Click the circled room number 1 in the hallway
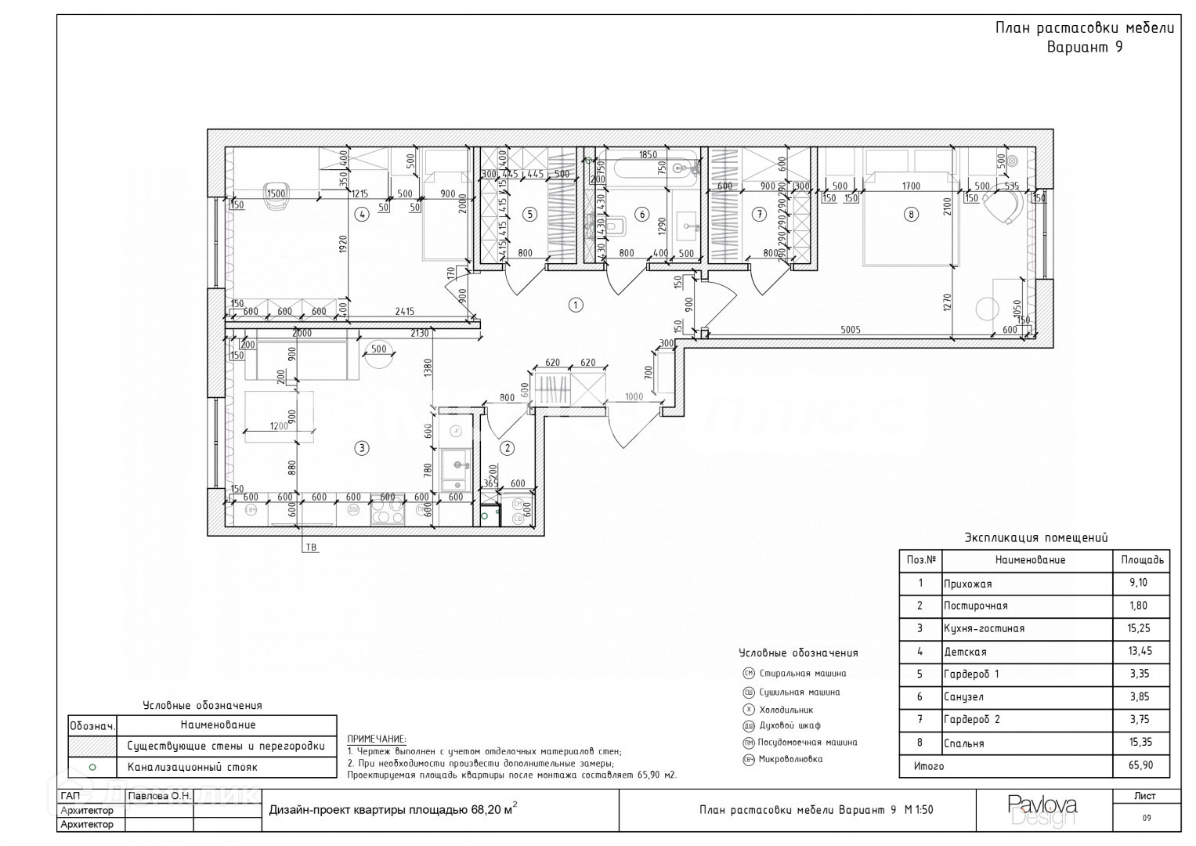coord(576,305)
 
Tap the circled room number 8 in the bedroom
coord(910,214)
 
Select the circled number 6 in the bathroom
coord(642,214)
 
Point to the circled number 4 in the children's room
coord(361,214)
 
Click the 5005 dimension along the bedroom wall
coord(851,330)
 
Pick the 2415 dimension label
coord(405,312)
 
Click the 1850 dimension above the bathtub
coord(647,155)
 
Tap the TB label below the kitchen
coord(312,548)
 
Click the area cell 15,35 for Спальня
coord(1140,743)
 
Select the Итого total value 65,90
coord(1140,766)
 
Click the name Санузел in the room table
coord(963,697)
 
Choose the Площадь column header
coord(1141,560)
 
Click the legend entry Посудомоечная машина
coord(808,743)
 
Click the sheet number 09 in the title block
coord(1146,818)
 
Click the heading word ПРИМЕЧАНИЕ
coord(377,739)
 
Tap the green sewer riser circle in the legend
coord(92,768)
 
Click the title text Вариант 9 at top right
coord(1085,47)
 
